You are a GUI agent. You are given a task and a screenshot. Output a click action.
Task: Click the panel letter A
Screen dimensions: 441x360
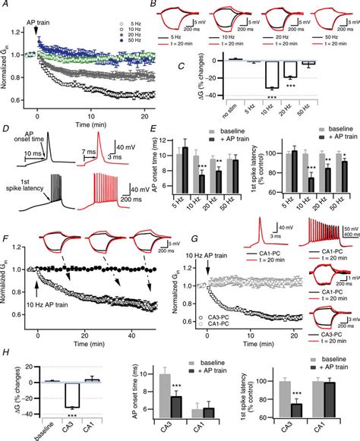[5, 6]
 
